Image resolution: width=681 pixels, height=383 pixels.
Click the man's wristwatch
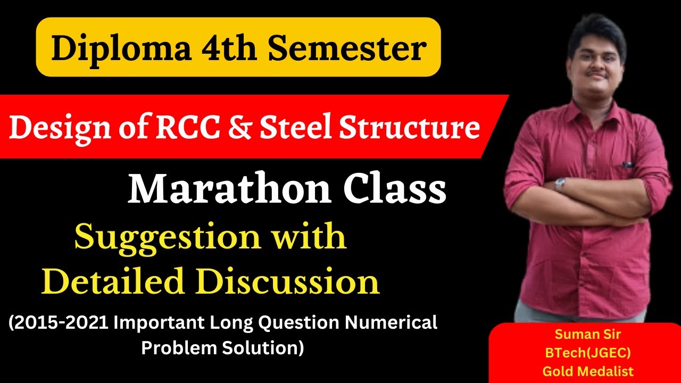[560, 184]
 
